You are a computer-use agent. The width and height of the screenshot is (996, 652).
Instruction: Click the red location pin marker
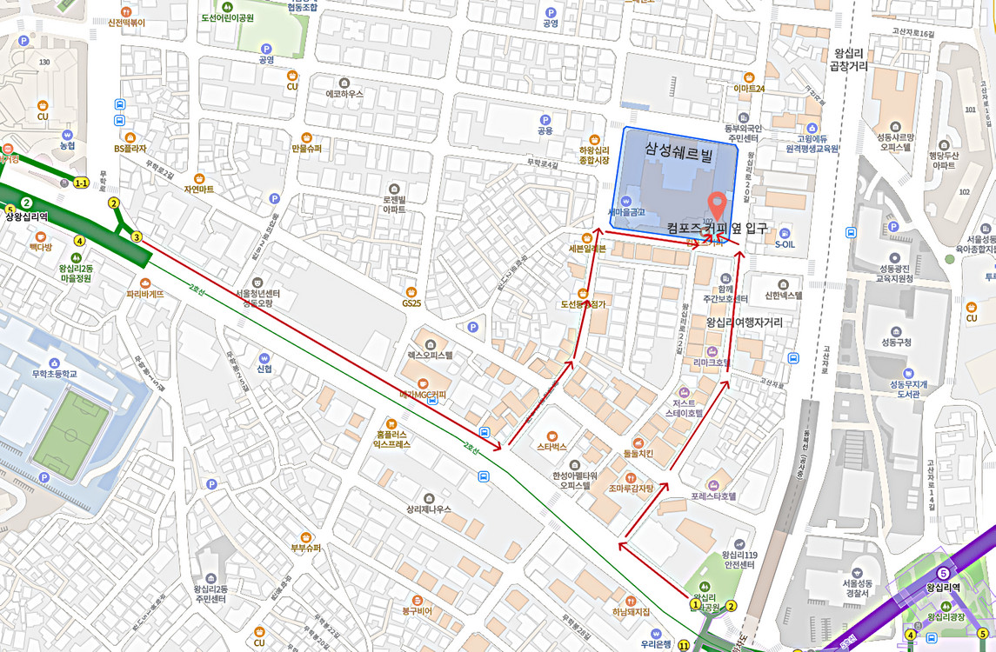click(x=718, y=204)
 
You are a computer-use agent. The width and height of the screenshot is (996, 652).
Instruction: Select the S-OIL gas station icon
click(x=785, y=233)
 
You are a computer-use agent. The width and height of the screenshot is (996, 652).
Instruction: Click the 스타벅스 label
click(x=551, y=447)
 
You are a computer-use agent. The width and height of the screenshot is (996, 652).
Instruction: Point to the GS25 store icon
click(x=411, y=292)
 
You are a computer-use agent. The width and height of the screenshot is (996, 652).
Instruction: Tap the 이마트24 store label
click(x=748, y=89)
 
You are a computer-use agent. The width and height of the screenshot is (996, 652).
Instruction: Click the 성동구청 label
click(x=896, y=343)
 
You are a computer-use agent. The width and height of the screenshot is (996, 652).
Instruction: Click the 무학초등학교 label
click(x=54, y=375)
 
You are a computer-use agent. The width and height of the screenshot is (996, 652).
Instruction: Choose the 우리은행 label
click(x=656, y=644)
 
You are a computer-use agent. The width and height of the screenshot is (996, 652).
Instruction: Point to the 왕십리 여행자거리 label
click(x=744, y=323)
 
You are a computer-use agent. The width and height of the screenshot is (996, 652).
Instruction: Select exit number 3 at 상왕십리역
click(x=137, y=237)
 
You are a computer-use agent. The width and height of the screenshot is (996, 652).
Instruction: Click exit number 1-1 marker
click(x=81, y=183)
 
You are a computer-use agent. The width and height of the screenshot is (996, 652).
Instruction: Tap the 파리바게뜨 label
click(x=144, y=294)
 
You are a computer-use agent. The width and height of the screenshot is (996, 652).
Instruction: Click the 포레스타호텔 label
click(x=713, y=496)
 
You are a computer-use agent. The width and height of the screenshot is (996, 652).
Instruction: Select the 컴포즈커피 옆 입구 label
click(x=717, y=229)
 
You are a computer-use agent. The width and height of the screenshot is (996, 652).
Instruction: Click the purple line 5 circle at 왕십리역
click(x=944, y=574)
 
